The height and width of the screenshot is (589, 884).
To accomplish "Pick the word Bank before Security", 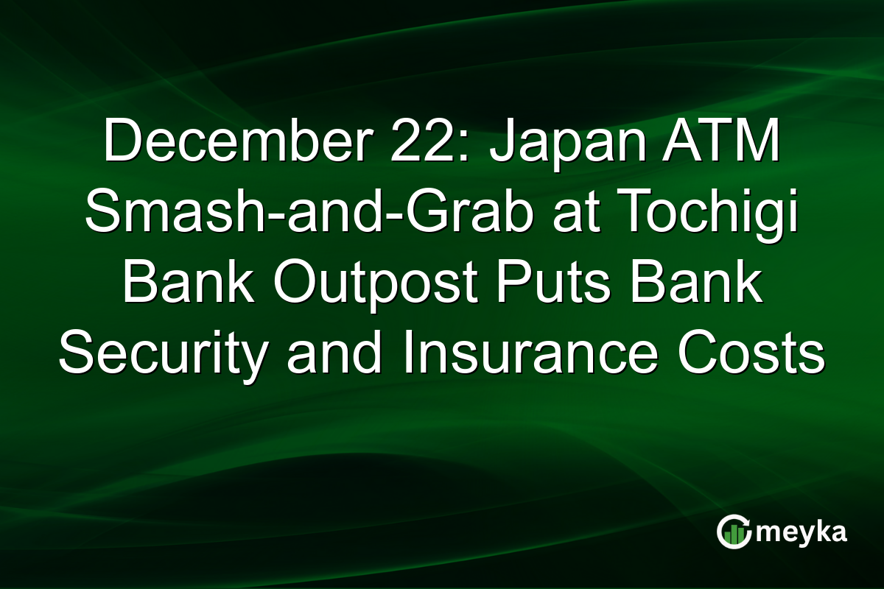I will tap(701, 283).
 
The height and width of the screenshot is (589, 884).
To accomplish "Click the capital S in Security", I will tap(77, 354).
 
